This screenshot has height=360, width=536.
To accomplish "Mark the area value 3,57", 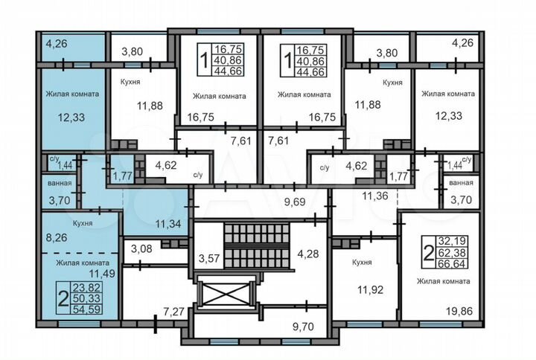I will click(x=210, y=258).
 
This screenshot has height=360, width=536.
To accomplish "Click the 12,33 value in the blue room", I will click(x=72, y=118).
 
